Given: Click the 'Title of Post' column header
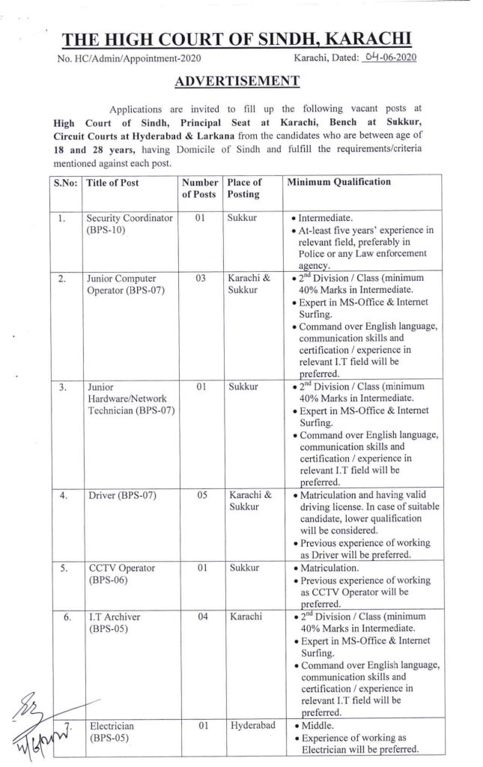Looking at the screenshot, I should [x=112, y=182].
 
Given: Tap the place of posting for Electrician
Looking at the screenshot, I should [x=253, y=726].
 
